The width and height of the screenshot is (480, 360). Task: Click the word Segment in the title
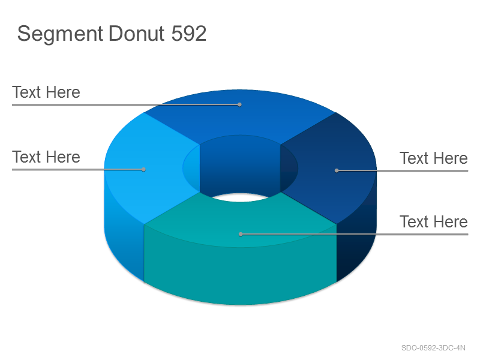60,34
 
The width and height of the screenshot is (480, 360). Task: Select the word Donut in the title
137,33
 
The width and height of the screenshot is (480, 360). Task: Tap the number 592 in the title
189,33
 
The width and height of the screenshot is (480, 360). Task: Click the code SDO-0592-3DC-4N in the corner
433,348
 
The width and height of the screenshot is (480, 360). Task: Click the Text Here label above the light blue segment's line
46,157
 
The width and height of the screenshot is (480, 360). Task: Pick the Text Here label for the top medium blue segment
46,92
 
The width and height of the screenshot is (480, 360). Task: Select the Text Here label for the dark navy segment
433,158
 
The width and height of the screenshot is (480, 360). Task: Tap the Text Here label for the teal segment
433,221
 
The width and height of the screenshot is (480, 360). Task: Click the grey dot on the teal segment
241,234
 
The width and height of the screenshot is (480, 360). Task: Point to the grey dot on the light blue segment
143,169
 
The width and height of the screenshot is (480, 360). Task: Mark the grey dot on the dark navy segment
337,170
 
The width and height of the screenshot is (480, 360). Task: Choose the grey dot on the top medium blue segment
239,104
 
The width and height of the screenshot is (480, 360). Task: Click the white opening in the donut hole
240,197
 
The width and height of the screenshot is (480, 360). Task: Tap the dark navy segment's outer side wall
355,239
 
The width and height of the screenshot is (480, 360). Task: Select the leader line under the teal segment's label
354,234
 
